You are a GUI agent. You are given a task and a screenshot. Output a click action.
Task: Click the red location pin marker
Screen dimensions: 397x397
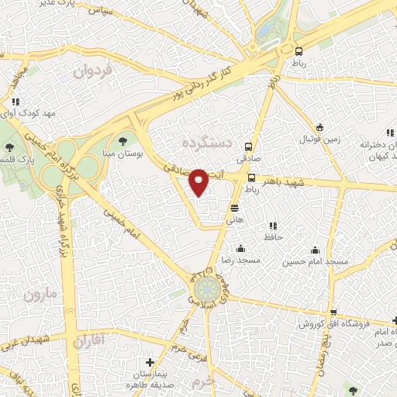(x=199, y=181)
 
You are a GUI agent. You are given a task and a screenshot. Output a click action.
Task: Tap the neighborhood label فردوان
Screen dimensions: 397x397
(x=94, y=71)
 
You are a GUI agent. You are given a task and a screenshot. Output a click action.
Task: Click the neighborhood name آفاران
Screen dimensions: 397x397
(x=91, y=341)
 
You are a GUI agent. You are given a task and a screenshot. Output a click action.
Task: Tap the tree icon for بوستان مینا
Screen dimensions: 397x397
(x=123, y=140)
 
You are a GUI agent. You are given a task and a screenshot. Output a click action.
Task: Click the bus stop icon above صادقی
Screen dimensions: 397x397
(x=249, y=146)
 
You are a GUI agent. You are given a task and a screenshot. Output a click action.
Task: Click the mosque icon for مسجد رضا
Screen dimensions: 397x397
(x=241, y=249)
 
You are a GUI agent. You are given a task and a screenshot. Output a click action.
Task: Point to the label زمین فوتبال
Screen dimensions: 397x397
(x=320, y=141)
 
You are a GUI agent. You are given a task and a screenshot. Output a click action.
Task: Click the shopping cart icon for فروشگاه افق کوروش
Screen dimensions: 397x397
(x=395, y=320)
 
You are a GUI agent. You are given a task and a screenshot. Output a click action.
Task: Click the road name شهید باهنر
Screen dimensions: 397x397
(x=289, y=181)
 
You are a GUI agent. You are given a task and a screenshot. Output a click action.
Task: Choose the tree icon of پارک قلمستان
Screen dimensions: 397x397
(x=9, y=147)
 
